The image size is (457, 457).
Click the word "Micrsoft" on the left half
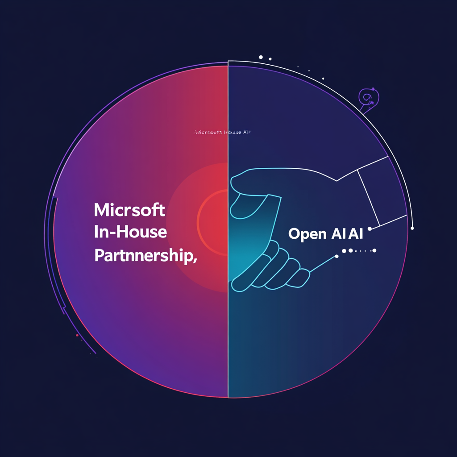pyautogui.click(x=130, y=210)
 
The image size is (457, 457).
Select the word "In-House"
pyautogui.click(x=131, y=232)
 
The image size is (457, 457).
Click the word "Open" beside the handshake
pyautogui.click(x=305, y=234)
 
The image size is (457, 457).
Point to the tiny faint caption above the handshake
pyautogui.click(x=223, y=133)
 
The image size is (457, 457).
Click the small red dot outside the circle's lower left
pyautogui.click(x=77, y=335)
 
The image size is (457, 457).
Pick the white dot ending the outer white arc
pyautogui.click(x=412, y=228)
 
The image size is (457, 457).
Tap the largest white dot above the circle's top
pyautogui.click(x=261, y=57)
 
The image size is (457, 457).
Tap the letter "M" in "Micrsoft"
pyautogui.click(x=101, y=210)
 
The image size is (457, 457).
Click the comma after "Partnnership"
pyautogui.click(x=195, y=260)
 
